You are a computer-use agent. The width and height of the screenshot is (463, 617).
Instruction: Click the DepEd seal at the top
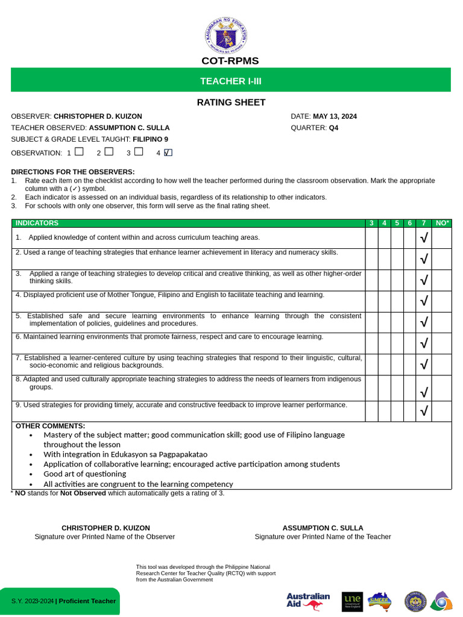225,36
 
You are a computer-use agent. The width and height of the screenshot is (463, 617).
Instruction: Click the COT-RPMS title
230,61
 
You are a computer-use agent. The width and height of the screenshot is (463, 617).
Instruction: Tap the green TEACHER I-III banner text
231,81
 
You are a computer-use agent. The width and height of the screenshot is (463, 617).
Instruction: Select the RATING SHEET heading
231,102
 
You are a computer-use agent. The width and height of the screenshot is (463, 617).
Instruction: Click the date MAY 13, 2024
335,116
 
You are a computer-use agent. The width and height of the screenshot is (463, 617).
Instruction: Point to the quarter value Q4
333,128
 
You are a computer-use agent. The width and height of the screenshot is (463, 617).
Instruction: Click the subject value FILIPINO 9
150,139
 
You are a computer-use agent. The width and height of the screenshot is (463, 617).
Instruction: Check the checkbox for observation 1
79,152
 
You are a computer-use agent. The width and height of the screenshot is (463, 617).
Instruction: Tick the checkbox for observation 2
109,152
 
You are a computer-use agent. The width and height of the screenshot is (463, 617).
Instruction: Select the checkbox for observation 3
139,152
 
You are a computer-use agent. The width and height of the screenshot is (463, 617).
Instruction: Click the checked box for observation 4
168,152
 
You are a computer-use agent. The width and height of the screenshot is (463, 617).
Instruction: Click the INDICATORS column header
37,223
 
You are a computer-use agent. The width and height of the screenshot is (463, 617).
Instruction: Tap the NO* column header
443,223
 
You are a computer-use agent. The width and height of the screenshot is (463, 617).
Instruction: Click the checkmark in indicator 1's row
424,238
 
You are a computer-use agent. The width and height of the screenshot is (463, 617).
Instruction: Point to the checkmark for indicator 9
424,411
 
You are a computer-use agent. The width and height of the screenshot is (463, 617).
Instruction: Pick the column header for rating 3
371,223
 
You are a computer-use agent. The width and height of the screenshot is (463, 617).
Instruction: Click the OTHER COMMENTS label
50,426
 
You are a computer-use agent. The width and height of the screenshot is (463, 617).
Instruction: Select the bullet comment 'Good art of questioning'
84,474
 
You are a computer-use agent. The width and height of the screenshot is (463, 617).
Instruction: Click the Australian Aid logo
308,601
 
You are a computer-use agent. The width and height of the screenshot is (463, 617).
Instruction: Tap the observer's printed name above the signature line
106,528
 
